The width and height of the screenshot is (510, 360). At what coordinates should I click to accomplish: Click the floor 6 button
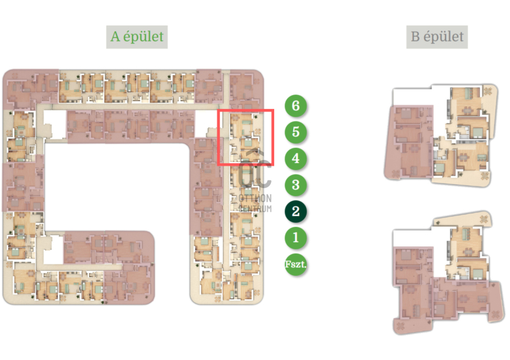coord(296,106)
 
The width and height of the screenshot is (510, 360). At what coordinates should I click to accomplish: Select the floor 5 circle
coord(296,132)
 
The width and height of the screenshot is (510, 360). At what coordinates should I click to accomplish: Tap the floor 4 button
coord(296,159)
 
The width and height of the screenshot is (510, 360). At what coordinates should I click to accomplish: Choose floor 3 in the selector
coord(296,185)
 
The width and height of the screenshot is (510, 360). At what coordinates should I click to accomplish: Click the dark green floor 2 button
coord(296,212)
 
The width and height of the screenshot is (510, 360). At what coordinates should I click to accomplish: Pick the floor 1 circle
coord(296,238)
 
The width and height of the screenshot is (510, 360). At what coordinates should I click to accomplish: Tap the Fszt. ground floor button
coord(296,264)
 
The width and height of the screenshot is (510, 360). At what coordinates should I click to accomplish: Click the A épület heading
coord(137,37)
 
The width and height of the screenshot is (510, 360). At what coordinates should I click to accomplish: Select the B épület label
coord(437,37)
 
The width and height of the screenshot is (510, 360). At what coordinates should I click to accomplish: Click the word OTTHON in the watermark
coord(255,198)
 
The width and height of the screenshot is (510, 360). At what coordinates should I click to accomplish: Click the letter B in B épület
coord(416,36)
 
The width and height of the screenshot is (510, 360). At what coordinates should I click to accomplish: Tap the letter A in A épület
coord(115,36)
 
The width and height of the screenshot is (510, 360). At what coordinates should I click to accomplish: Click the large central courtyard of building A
coord(117,187)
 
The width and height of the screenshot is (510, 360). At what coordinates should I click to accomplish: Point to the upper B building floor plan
coord(441,136)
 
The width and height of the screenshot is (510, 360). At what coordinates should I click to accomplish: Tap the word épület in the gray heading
coord(444,37)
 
